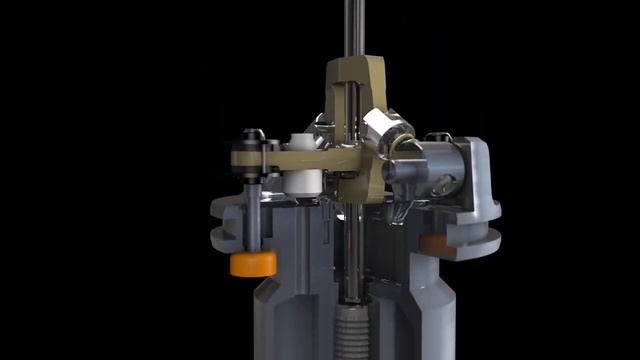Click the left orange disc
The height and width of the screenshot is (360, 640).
(253, 263)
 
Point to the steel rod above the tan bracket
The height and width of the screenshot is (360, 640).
(352, 30)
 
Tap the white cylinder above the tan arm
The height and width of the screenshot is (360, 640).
(301, 143)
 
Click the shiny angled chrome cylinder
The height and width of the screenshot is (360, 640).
(385, 129)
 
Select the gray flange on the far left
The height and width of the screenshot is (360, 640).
(225, 225)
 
